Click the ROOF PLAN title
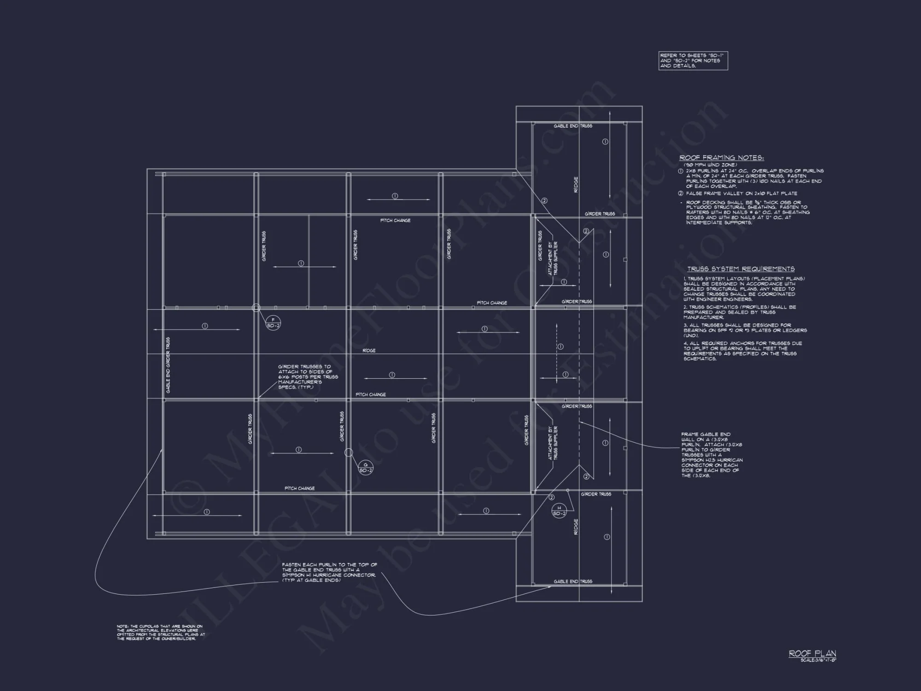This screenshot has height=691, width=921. point(812,653)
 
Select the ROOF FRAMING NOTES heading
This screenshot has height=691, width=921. point(722,158)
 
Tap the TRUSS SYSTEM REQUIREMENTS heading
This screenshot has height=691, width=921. point(741,269)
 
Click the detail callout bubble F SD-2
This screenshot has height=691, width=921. point(273,323)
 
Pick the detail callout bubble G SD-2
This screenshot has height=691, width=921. point(366,468)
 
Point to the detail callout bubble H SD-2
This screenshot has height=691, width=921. point(559,511)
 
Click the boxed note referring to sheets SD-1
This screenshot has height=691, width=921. point(693,61)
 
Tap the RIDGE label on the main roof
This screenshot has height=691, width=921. point(369,351)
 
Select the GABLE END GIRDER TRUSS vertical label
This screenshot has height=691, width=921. point(168,365)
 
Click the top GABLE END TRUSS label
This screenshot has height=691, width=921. point(573,126)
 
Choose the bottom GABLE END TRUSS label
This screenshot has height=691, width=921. point(573,581)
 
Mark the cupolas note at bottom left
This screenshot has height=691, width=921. point(161,632)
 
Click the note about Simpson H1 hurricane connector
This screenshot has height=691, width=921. point(330,572)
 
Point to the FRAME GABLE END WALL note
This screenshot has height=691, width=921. point(712,455)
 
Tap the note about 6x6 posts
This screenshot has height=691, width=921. point(308,377)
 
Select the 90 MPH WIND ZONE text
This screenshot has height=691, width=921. point(710,165)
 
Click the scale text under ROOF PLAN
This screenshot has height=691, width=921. point(818,660)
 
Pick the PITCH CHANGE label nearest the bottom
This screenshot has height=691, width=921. point(300,488)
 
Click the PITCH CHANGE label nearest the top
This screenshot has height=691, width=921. point(395,220)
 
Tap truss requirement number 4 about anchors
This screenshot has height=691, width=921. point(742,351)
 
